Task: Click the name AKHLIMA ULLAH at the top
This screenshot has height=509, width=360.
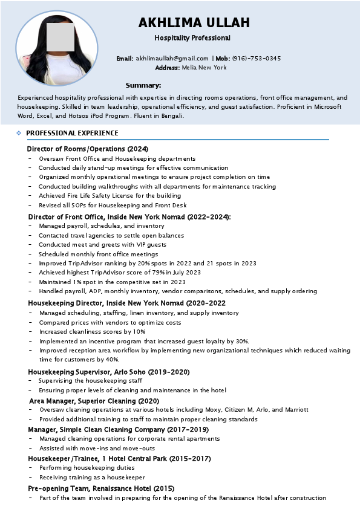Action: tap(194, 23)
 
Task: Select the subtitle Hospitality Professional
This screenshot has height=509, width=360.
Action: tap(192, 38)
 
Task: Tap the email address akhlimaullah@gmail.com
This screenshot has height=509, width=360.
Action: tap(172, 59)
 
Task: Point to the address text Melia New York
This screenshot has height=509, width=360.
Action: tap(204, 68)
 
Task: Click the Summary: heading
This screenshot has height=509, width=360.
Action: tap(143, 85)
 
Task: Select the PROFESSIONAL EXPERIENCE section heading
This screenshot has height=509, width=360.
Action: tap(72, 133)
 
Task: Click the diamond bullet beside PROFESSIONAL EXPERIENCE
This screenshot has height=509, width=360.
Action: tap(19, 133)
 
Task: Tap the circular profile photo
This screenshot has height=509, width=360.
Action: tap(56, 48)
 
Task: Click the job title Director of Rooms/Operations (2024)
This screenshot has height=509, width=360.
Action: tap(88, 149)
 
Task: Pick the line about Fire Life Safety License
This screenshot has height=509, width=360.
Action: tap(110, 196)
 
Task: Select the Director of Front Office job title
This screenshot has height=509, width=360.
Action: tap(129, 216)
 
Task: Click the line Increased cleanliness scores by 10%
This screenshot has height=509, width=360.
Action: tap(92, 332)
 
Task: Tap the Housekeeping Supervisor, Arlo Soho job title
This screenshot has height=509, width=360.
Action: tap(109, 372)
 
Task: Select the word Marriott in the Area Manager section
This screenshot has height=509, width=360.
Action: tap(296, 410)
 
